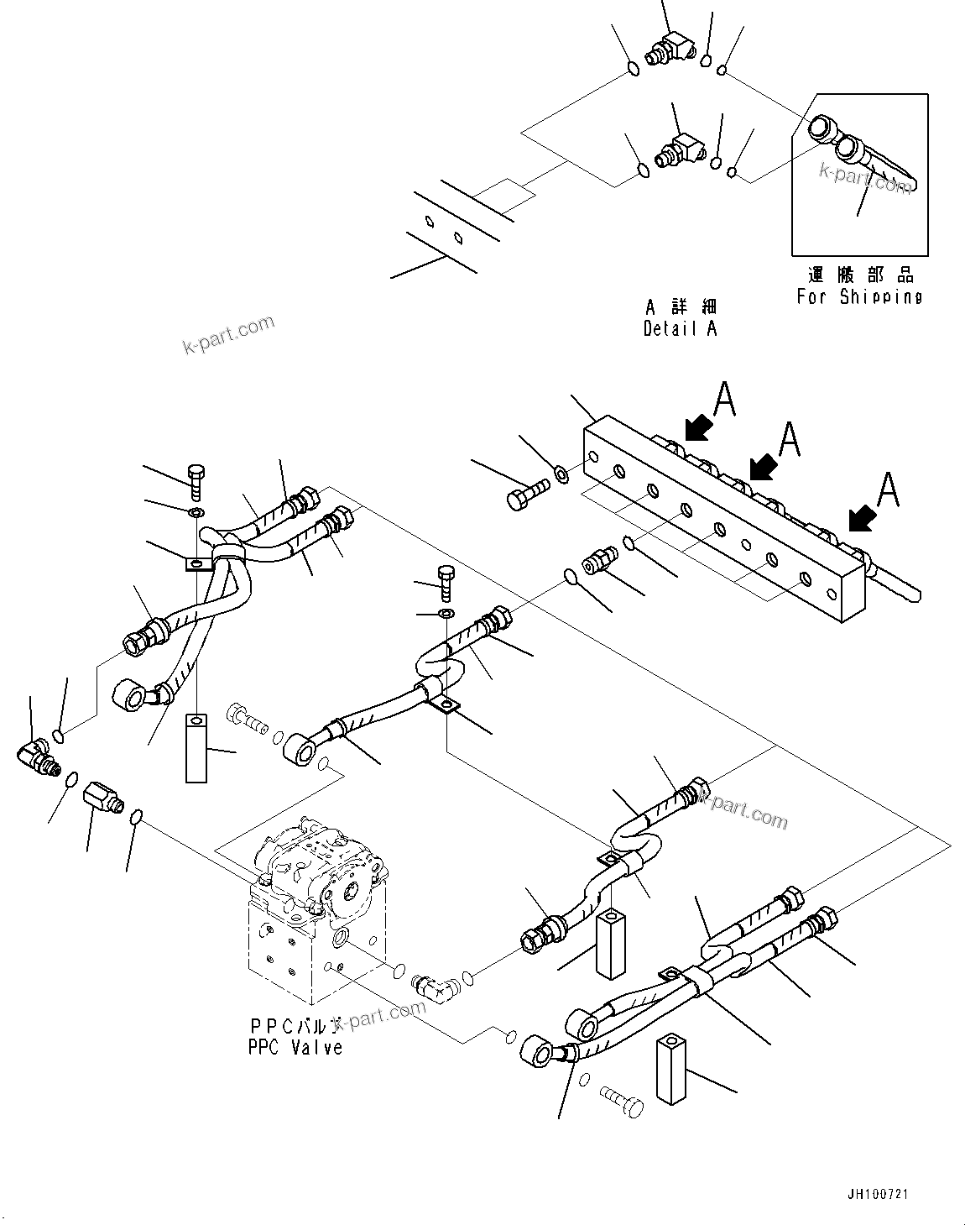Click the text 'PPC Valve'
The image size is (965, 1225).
[x=295, y=1047]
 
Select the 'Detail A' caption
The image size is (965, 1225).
[x=680, y=328]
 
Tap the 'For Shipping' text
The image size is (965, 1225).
[x=859, y=296]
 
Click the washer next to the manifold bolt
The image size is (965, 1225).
[x=561, y=474]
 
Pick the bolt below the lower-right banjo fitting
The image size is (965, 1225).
[x=623, y=1102]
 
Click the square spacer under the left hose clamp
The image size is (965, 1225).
[x=196, y=747]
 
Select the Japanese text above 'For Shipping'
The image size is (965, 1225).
[x=859, y=275]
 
